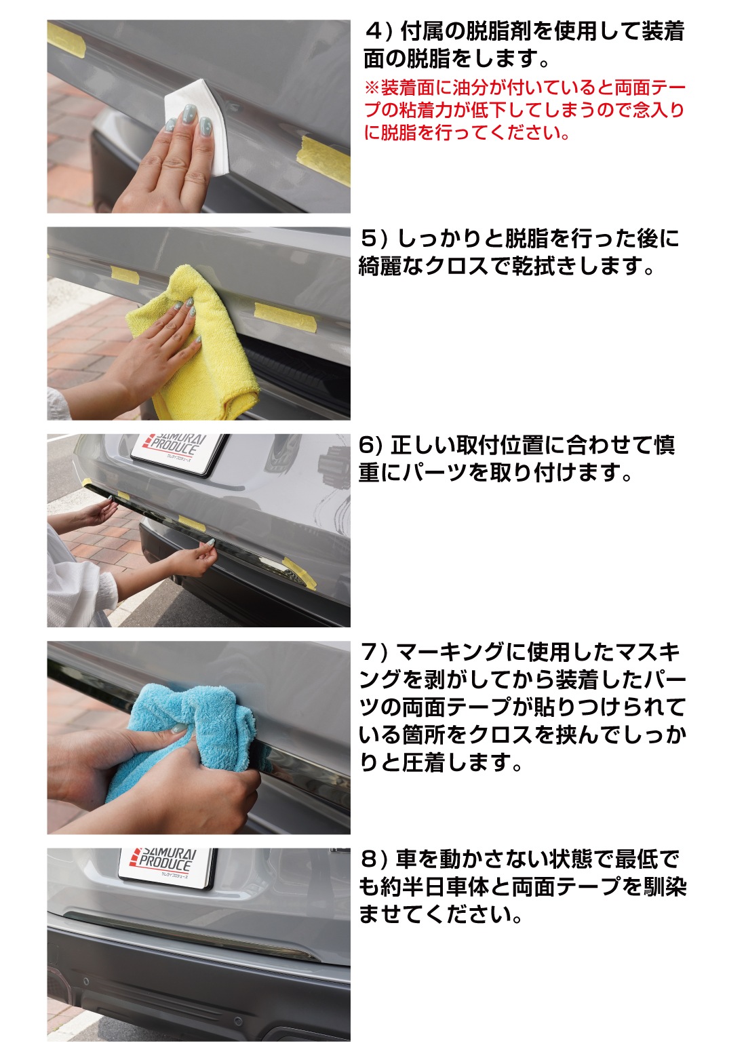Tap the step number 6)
pyautogui.click(x=370, y=446)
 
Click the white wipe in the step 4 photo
pyautogui.click(x=195, y=124)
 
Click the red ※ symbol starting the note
pyautogui.click(x=372, y=88)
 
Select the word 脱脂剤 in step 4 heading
pyautogui.click(x=498, y=32)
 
